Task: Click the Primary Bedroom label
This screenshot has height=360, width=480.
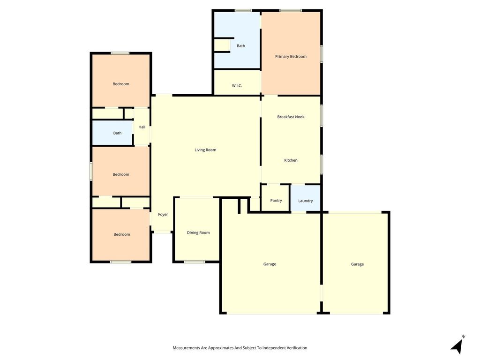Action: tap(291, 56)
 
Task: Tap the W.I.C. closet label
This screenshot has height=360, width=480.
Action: tap(237, 86)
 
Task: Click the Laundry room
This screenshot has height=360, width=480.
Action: tap(305, 198)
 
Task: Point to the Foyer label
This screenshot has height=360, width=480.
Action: tap(163, 214)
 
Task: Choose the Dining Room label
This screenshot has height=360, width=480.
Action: tap(198, 232)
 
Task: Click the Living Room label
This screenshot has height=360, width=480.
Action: tap(205, 150)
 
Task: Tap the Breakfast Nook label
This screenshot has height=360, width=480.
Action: tap(291, 117)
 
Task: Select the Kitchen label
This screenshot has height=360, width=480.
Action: tap(291, 160)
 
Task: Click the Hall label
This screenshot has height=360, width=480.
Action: tap(142, 127)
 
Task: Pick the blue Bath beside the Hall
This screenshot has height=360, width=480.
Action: tap(112, 133)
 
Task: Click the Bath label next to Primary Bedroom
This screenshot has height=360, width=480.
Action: tap(240, 46)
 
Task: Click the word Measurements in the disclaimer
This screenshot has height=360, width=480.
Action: tap(186, 348)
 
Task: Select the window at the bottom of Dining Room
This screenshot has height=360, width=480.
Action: tap(195, 262)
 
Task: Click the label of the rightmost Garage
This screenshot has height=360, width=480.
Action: tap(357, 264)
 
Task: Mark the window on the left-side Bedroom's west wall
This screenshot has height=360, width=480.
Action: tap(91, 171)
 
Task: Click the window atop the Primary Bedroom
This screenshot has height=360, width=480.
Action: tap(290, 11)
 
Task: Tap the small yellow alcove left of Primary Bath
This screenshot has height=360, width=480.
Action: tap(222, 45)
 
